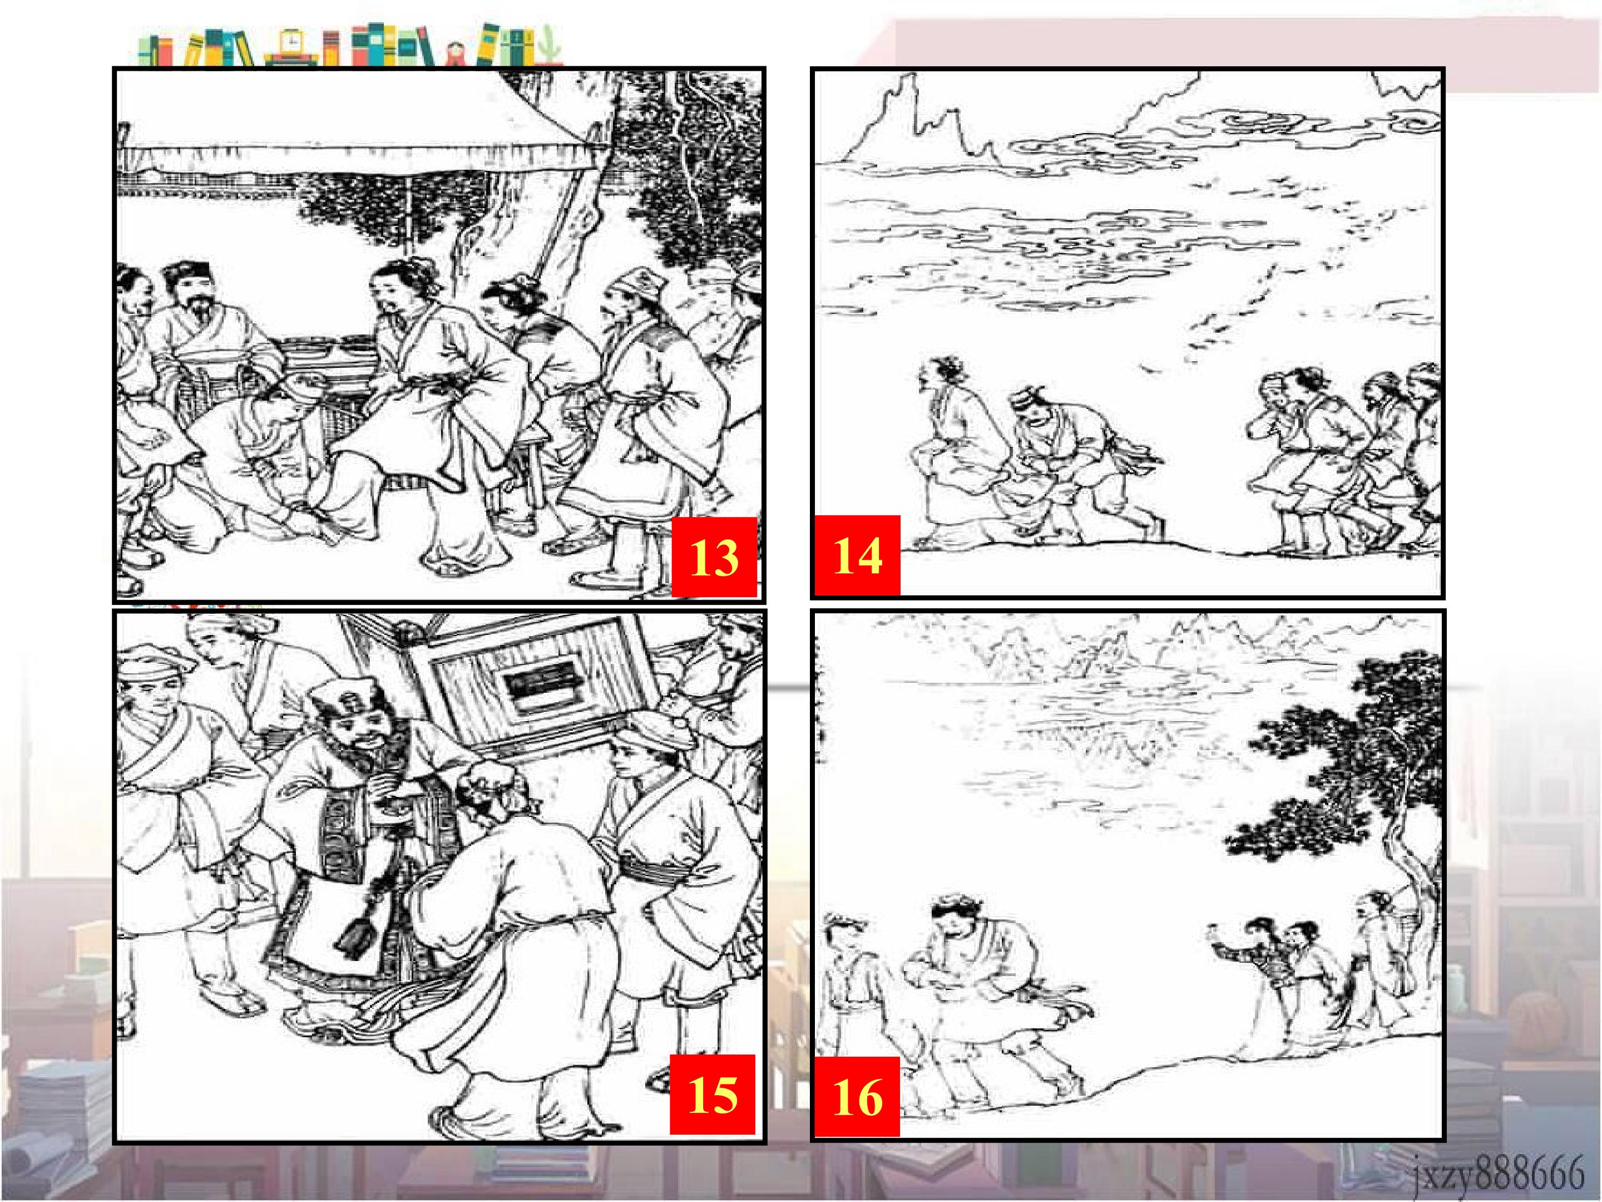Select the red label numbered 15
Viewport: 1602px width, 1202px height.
[x=713, y=1094]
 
